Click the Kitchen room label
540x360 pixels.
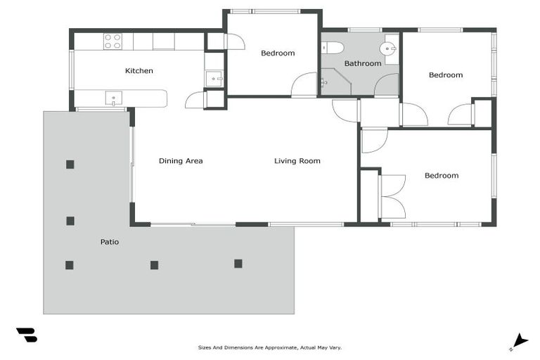139,70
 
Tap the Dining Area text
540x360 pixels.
181,161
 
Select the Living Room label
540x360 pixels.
297,161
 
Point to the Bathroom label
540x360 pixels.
362,63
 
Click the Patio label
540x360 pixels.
109,242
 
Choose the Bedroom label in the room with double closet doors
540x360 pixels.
441,176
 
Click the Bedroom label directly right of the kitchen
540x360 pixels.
278,53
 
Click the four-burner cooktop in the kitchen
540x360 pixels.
113,41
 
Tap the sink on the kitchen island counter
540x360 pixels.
113,97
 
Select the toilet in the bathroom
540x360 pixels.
333,48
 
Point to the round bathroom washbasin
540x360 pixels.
387,49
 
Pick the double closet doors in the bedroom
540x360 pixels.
391,196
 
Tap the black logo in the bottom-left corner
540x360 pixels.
27,335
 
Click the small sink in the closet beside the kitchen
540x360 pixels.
214,78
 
